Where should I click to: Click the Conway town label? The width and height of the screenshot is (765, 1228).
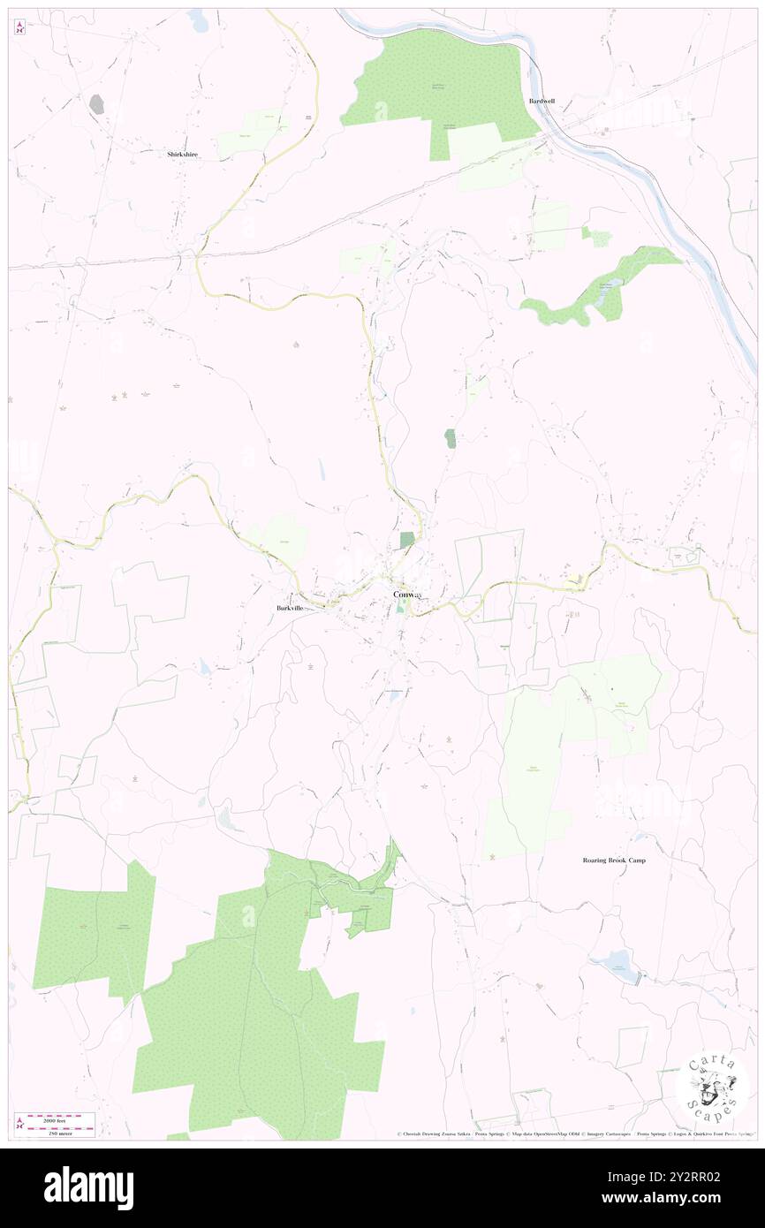[x=408, y=595]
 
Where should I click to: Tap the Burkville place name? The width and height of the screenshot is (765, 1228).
[x=289, y=609]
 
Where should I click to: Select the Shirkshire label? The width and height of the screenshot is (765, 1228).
[x=183, y=154]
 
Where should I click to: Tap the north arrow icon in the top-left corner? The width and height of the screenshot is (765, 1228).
[x=19, y=27]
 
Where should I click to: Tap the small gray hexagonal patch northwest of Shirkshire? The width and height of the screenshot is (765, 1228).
[x=96, y=104]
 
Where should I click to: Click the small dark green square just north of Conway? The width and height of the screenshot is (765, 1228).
[x=406, y=540]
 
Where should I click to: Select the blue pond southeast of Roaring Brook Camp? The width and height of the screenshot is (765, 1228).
[x=617, y=960]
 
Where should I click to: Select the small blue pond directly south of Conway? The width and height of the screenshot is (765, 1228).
[x=396, y=697]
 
